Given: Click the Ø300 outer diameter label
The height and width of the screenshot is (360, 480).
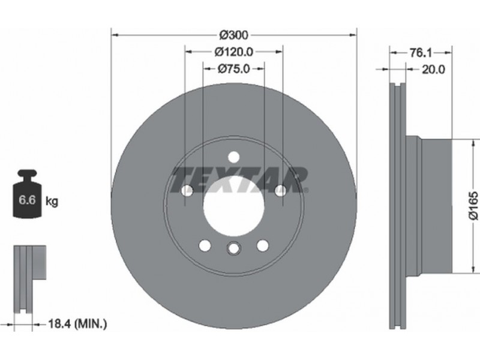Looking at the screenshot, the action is coord(234,35).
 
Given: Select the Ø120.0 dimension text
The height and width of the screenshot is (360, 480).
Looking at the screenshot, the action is coord(234,52).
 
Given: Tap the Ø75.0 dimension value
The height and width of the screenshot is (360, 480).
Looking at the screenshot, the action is coord(234,69).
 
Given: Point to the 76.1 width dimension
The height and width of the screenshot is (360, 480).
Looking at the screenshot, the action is coord(421,53).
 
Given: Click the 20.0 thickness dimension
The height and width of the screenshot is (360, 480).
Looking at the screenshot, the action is coord(433,70).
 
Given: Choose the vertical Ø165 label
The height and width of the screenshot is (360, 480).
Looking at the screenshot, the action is coord(473,205).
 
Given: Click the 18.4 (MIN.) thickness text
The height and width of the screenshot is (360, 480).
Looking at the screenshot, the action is coord(78,323).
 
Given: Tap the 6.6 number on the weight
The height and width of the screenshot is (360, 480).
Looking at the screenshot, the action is coord(27,200).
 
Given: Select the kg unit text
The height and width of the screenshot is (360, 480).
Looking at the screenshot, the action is coord(52,202).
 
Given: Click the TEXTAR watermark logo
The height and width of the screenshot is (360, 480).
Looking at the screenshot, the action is coord(239,180).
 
